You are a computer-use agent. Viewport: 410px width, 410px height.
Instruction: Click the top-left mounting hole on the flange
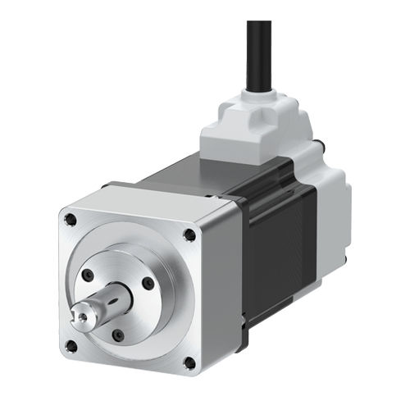click(71, 220)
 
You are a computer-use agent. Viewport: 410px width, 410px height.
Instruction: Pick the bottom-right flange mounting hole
click(190, 362)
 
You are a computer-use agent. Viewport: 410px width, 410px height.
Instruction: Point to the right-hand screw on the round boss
click(148, 283)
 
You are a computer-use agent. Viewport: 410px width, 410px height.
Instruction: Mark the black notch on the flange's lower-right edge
click(244, 328)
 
